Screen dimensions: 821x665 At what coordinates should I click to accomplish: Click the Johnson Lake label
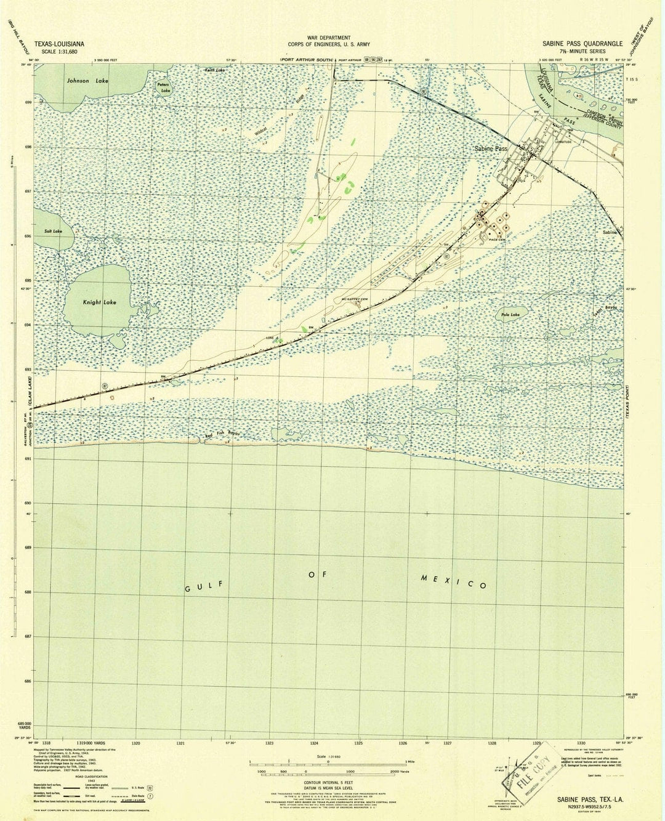(x=87, y=81)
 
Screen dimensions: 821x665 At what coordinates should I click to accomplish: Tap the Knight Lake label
(x=99, y=302)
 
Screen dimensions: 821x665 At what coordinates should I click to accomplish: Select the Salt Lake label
(x=54, y=232)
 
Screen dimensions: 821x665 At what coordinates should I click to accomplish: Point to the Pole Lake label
(x=510, y=315)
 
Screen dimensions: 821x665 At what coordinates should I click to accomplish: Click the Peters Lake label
(x=163, y=87)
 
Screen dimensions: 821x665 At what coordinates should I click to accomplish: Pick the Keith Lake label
(x=215, y=70)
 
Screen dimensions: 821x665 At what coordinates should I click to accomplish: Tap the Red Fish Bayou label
(x=222, y=434)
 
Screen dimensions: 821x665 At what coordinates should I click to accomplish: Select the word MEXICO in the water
(x=454, y=581)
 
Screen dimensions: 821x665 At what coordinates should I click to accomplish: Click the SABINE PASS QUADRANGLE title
(x=582, y=44)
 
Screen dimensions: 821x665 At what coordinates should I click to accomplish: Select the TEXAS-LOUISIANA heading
(x=60, y=44)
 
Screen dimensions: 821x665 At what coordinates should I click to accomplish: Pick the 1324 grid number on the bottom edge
(x=314, y=743)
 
